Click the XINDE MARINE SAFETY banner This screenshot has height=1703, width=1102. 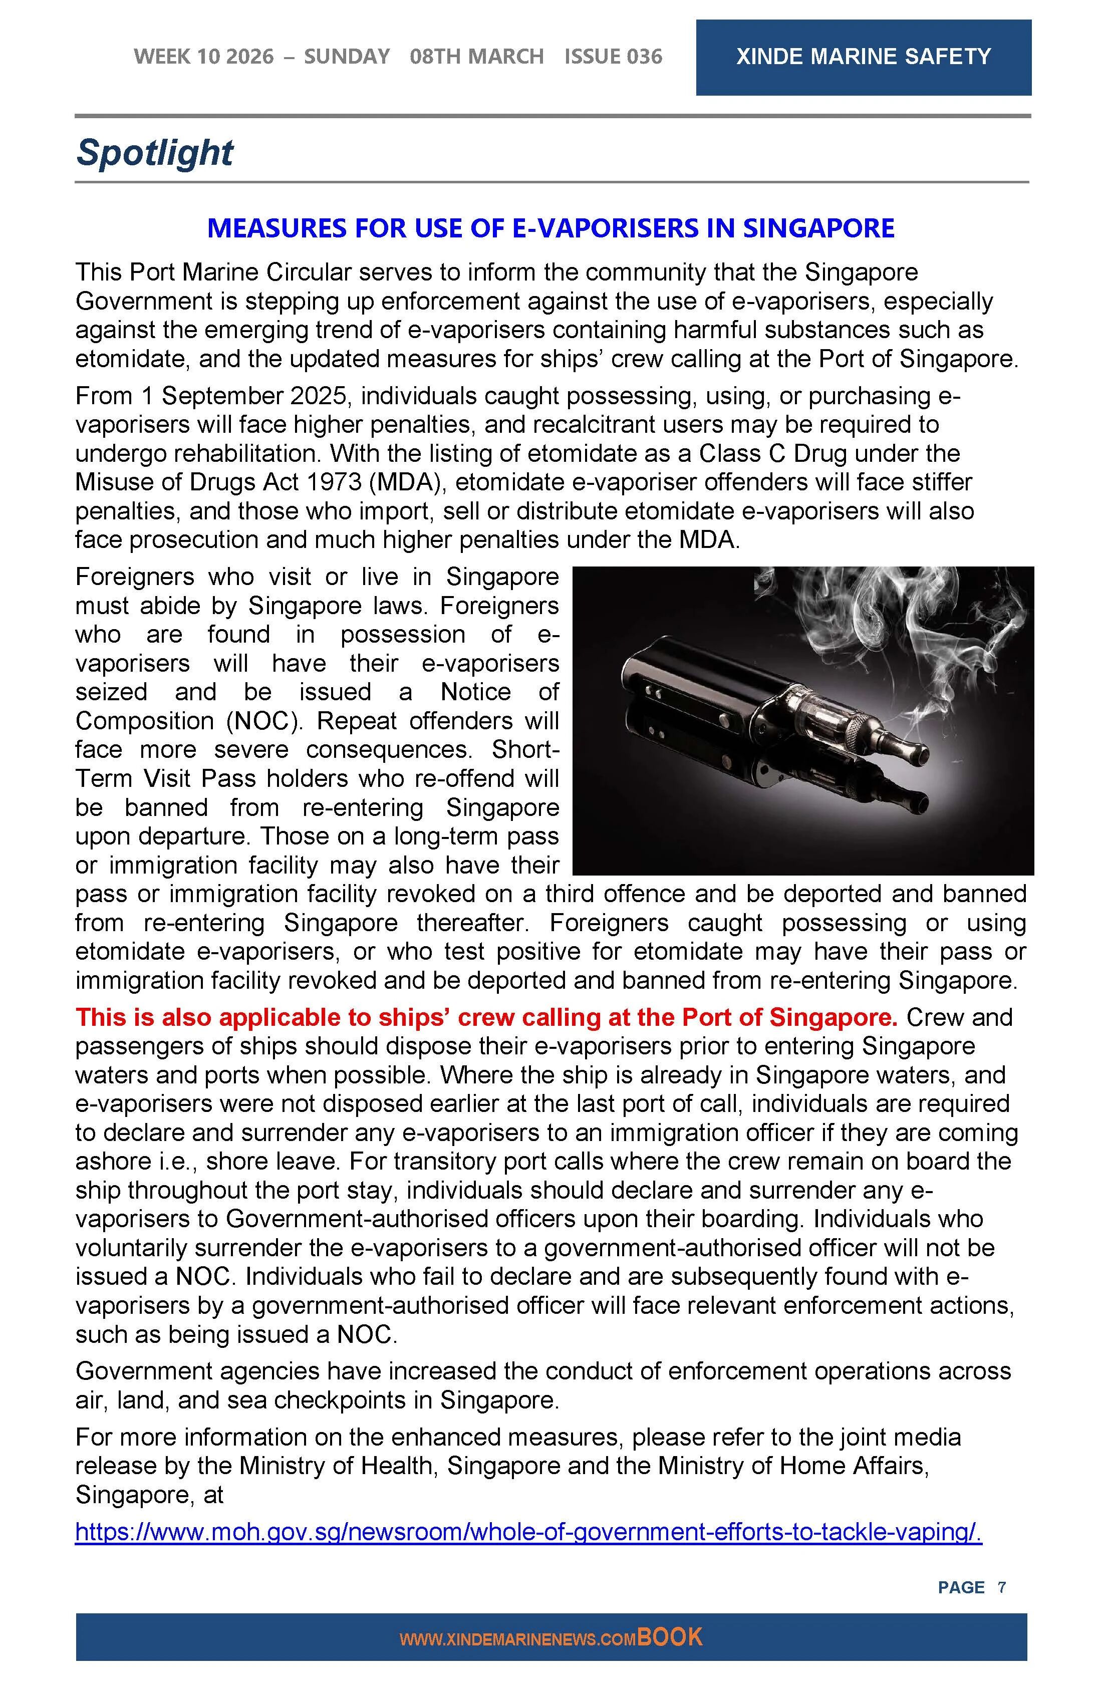point(863,57)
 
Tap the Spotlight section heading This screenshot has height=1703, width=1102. point(155,152)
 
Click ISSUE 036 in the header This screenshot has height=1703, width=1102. point(613,57)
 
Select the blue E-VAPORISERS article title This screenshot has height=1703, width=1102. point(550,228)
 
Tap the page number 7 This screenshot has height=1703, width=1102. point(1002,1587)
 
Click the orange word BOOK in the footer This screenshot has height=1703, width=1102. point(670,1637)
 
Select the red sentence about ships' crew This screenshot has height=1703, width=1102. point(486,1017)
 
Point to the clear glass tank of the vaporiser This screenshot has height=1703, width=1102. point(823,716)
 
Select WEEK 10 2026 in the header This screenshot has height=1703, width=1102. point(203,57)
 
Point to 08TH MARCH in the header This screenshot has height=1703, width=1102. point(476,57)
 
